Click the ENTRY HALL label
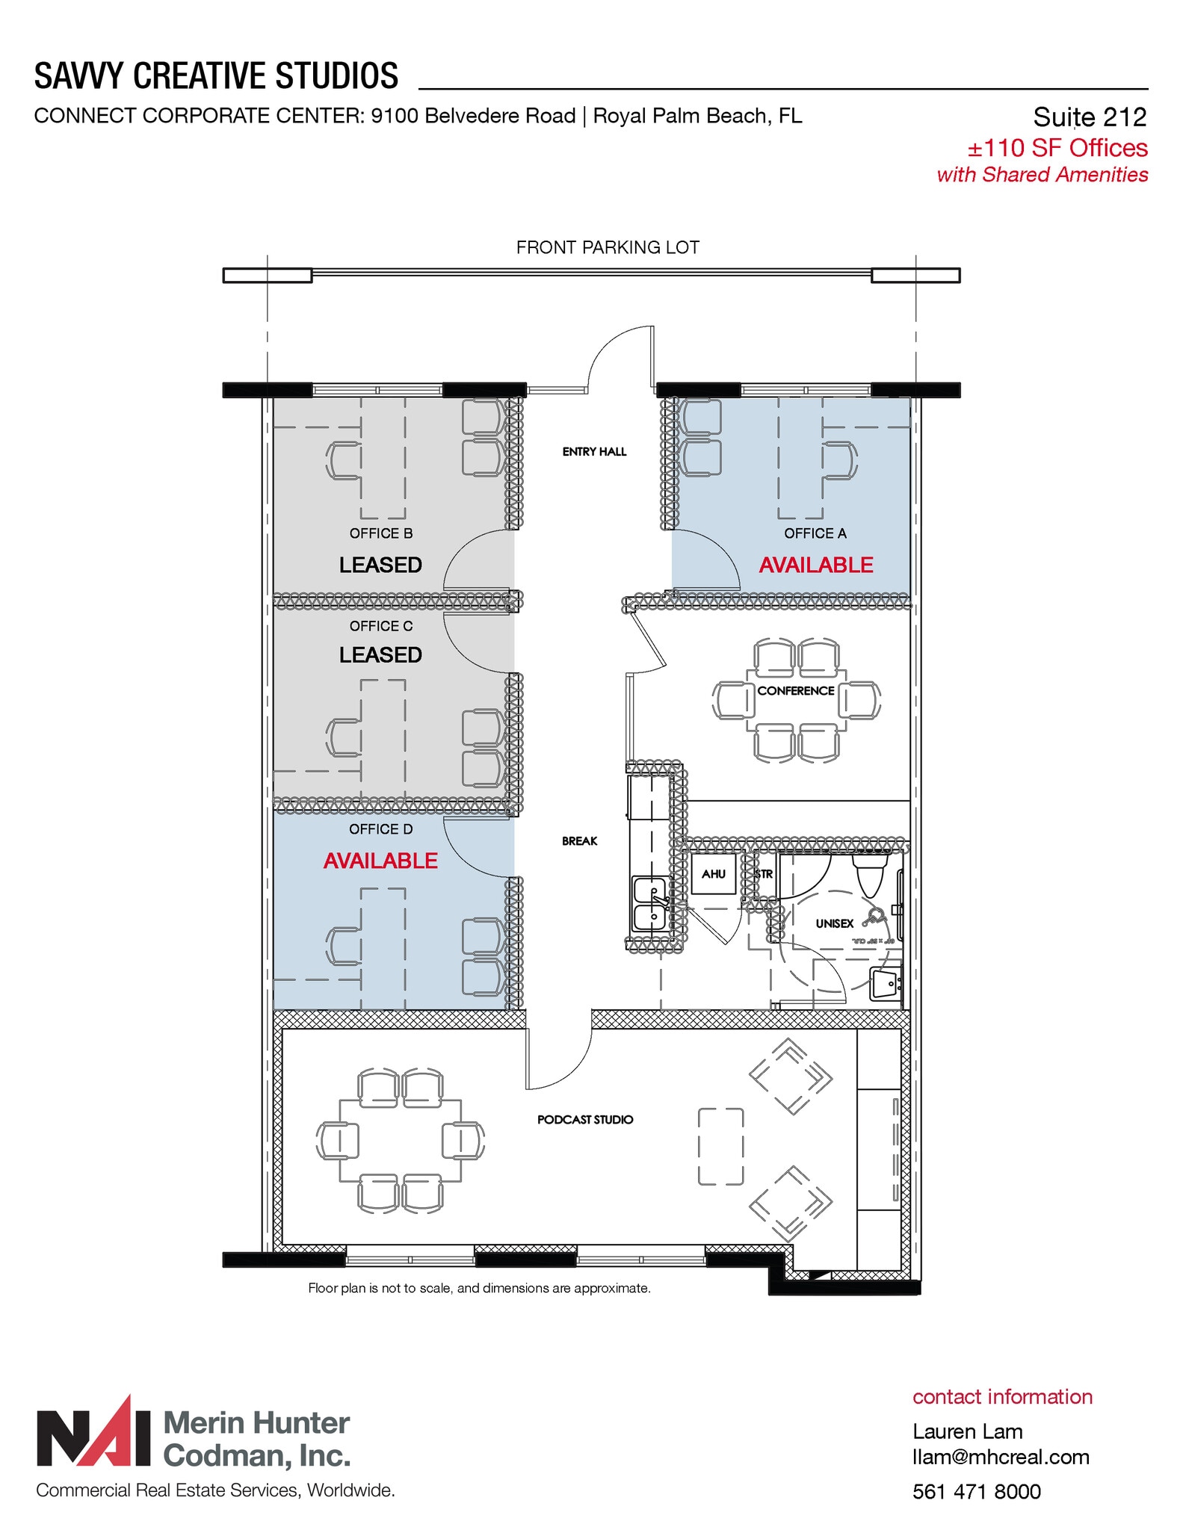point(594,451)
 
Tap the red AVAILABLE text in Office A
point(815,565)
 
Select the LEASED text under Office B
point(380,565)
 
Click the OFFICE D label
point(380,829)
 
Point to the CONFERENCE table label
point(795,691)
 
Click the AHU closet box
point(713,873)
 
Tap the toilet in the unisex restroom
point(870,876)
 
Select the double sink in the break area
point(649,903)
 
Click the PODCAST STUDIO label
point(585,1119)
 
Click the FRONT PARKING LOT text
point(608,247)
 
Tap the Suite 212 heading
point(1089,117)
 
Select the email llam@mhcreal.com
point(1001,1457)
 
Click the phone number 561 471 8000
point(976,1492)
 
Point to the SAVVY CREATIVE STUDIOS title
point(216,76)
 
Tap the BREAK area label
point(579,841)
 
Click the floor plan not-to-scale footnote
point(479,1288)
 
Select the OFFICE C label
point(380,626)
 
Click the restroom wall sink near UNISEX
point(886,985)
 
